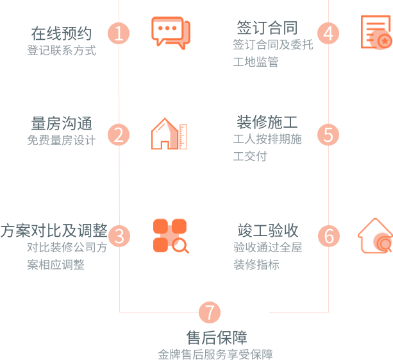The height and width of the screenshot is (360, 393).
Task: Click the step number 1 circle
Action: pyautogui.click(x=119, y=33)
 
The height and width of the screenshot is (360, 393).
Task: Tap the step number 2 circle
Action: pyautogui.click(x=119, y=135)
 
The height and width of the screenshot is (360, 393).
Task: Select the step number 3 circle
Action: pyautogui.click(x=119, y=236)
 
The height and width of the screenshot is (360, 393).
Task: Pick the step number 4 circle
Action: pyautogui.click(x=328, y=33)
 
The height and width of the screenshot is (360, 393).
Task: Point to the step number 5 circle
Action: pyautogui.click(x=328, y=135)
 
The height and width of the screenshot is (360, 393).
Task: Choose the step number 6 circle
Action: pyautogui.click(x=328, y=236)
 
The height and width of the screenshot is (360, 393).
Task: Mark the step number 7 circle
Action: pyautogui.click(x=209, y=313)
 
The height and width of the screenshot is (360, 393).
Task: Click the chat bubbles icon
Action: pyautogui.click(x=171, y=32)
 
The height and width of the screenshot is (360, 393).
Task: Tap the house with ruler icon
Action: pyautogui.click(x=169, y=133)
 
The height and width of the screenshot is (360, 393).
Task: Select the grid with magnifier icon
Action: pyautogui.click(x=171, y=236)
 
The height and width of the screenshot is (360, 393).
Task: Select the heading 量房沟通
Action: pyautogui.click(x=62, y=123)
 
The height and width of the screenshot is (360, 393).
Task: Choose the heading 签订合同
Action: pyautogui.click(x=267, y=28)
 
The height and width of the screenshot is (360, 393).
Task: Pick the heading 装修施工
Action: pyautogui.click(x=267, y=122)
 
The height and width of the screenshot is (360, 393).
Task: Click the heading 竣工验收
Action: pyautogui.click(x=267, y=230)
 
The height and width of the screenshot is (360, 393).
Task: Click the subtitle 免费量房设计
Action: pyautogui.click(x=62, y=141)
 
